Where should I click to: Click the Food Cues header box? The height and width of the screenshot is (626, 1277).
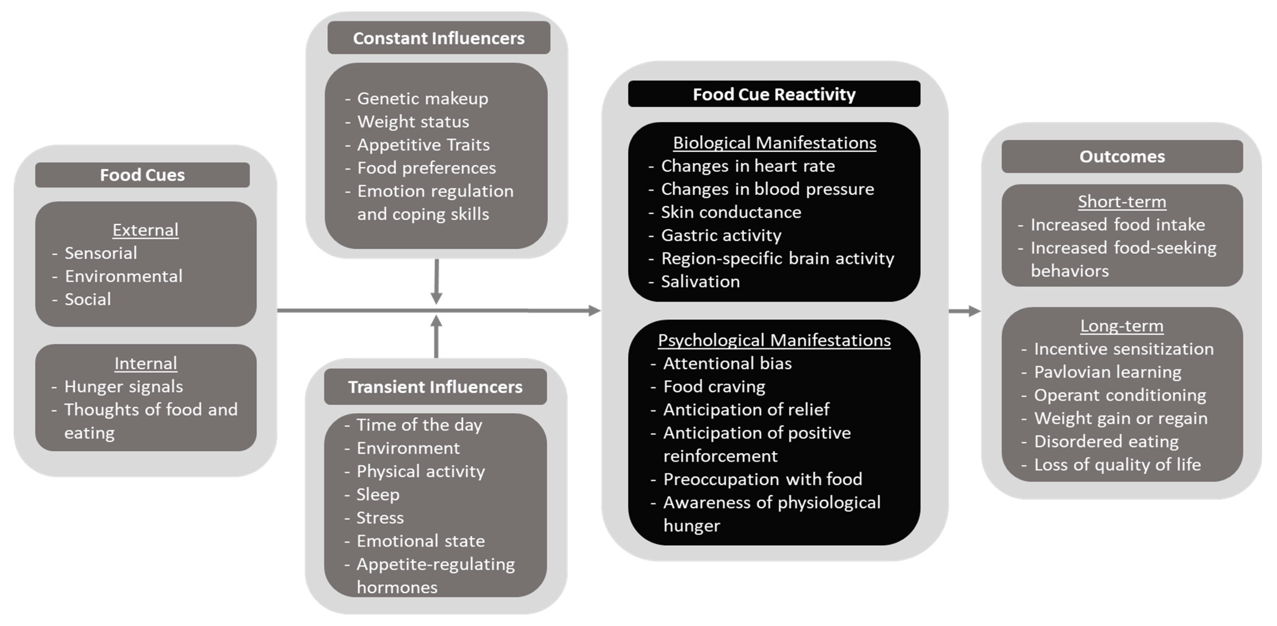[142, 175]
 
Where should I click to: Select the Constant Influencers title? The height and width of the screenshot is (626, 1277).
[438, 38]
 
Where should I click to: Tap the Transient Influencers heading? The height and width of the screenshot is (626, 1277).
[435, 387]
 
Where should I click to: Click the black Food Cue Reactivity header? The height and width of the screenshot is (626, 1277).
[774, 94]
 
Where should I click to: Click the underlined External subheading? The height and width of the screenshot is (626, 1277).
[145, 230]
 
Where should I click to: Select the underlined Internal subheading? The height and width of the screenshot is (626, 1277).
[145, 363]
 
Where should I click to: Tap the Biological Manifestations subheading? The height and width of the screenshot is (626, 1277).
[774, 143]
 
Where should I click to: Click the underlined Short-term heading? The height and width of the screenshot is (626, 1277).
[1122, 202]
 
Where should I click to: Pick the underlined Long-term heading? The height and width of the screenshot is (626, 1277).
[1122, 326]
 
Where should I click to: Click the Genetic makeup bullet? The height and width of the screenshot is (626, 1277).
[422, 98]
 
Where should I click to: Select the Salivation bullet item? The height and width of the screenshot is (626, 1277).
[700, 281]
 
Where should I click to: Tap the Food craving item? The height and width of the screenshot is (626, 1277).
[714, 386]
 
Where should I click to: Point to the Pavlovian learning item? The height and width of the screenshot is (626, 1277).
[1108, 372]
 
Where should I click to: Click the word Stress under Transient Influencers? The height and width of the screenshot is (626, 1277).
[380, 517]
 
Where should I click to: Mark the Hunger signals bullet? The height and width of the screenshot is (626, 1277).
[124, 386]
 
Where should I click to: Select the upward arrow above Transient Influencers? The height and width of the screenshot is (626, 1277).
[436, 337]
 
